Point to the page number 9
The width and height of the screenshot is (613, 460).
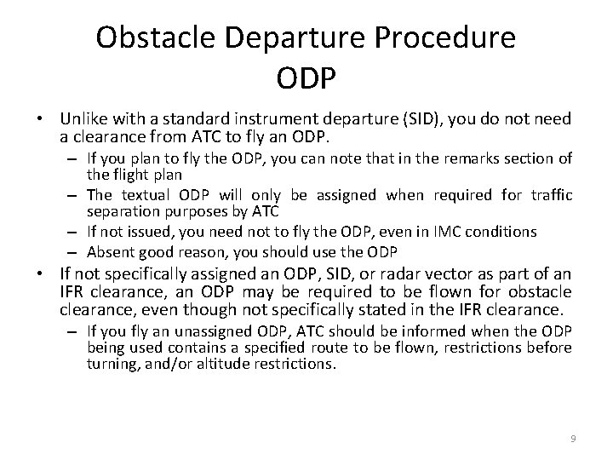573,438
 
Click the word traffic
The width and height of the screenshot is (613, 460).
550,195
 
